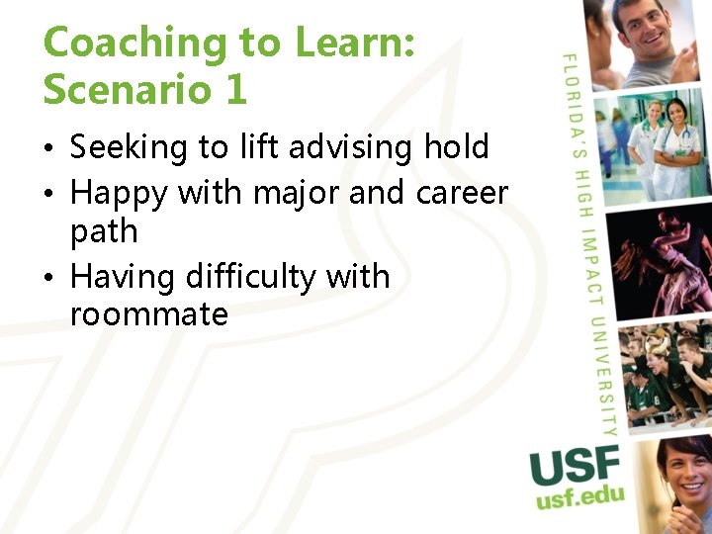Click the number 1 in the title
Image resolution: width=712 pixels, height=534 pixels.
tap(234, 90)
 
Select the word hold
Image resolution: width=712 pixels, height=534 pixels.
tap(456, 147)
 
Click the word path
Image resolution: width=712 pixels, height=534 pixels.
tap(104, 233)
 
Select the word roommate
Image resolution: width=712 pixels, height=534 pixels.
tap(149, 315)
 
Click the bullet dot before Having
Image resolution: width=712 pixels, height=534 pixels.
tap(50, 278)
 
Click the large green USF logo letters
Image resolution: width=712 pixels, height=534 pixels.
tap(575, 466)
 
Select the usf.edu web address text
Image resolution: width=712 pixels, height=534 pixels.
tap(579, 495)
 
